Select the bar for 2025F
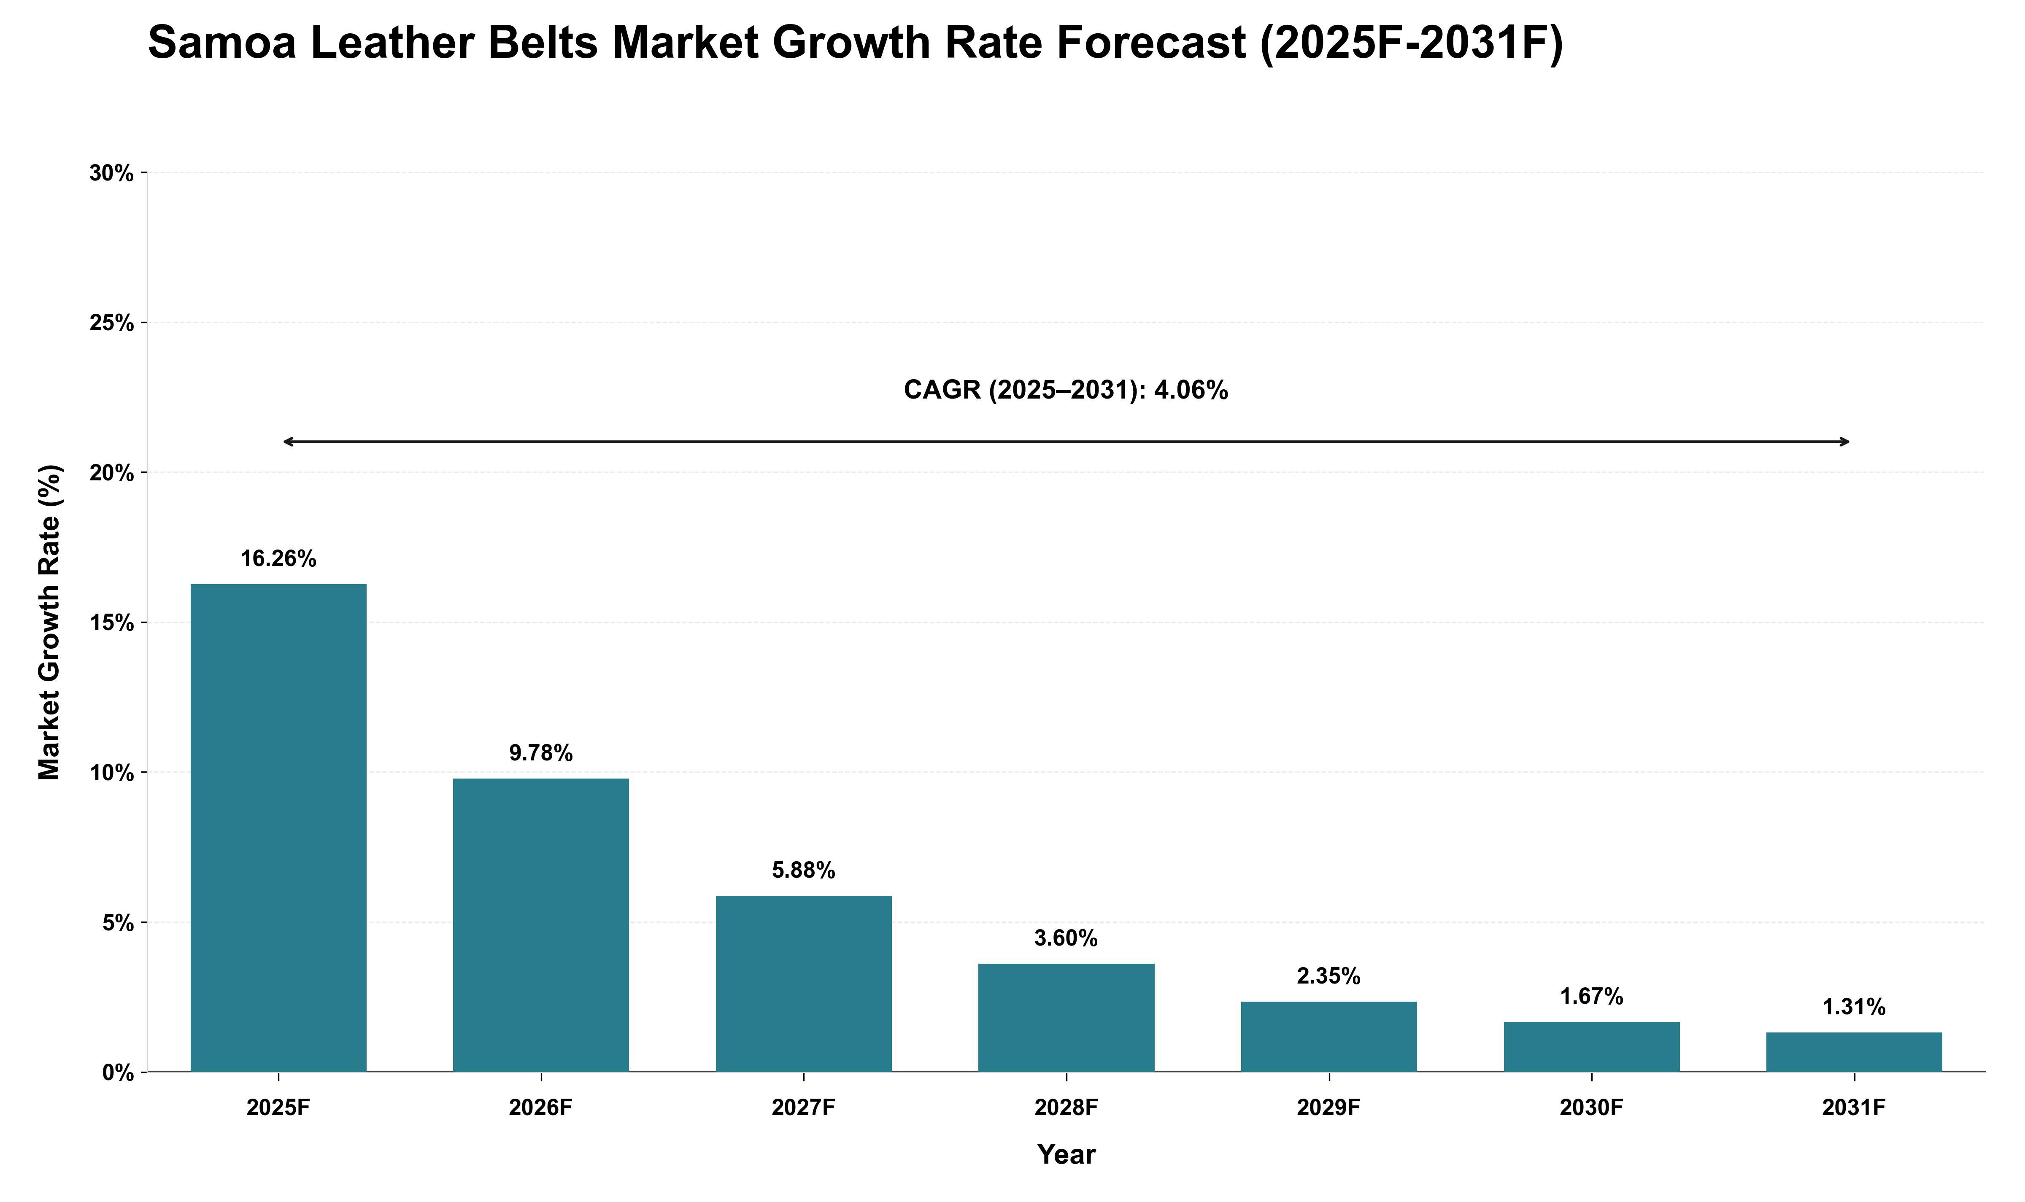(x=278, y=828)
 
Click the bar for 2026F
(x=541, y=925)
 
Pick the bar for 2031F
(x=1854, y=1052)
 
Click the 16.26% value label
(x=278, y=559)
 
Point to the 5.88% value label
(x=804, y=871)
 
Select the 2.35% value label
(x=1329, y=977)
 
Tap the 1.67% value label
(x=1592, y=997)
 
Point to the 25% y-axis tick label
(x=112, y=323)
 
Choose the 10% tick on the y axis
(x=112, y=773)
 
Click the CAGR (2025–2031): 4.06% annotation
(x=1066, y=391)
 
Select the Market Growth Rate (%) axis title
(x=50, y=622)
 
